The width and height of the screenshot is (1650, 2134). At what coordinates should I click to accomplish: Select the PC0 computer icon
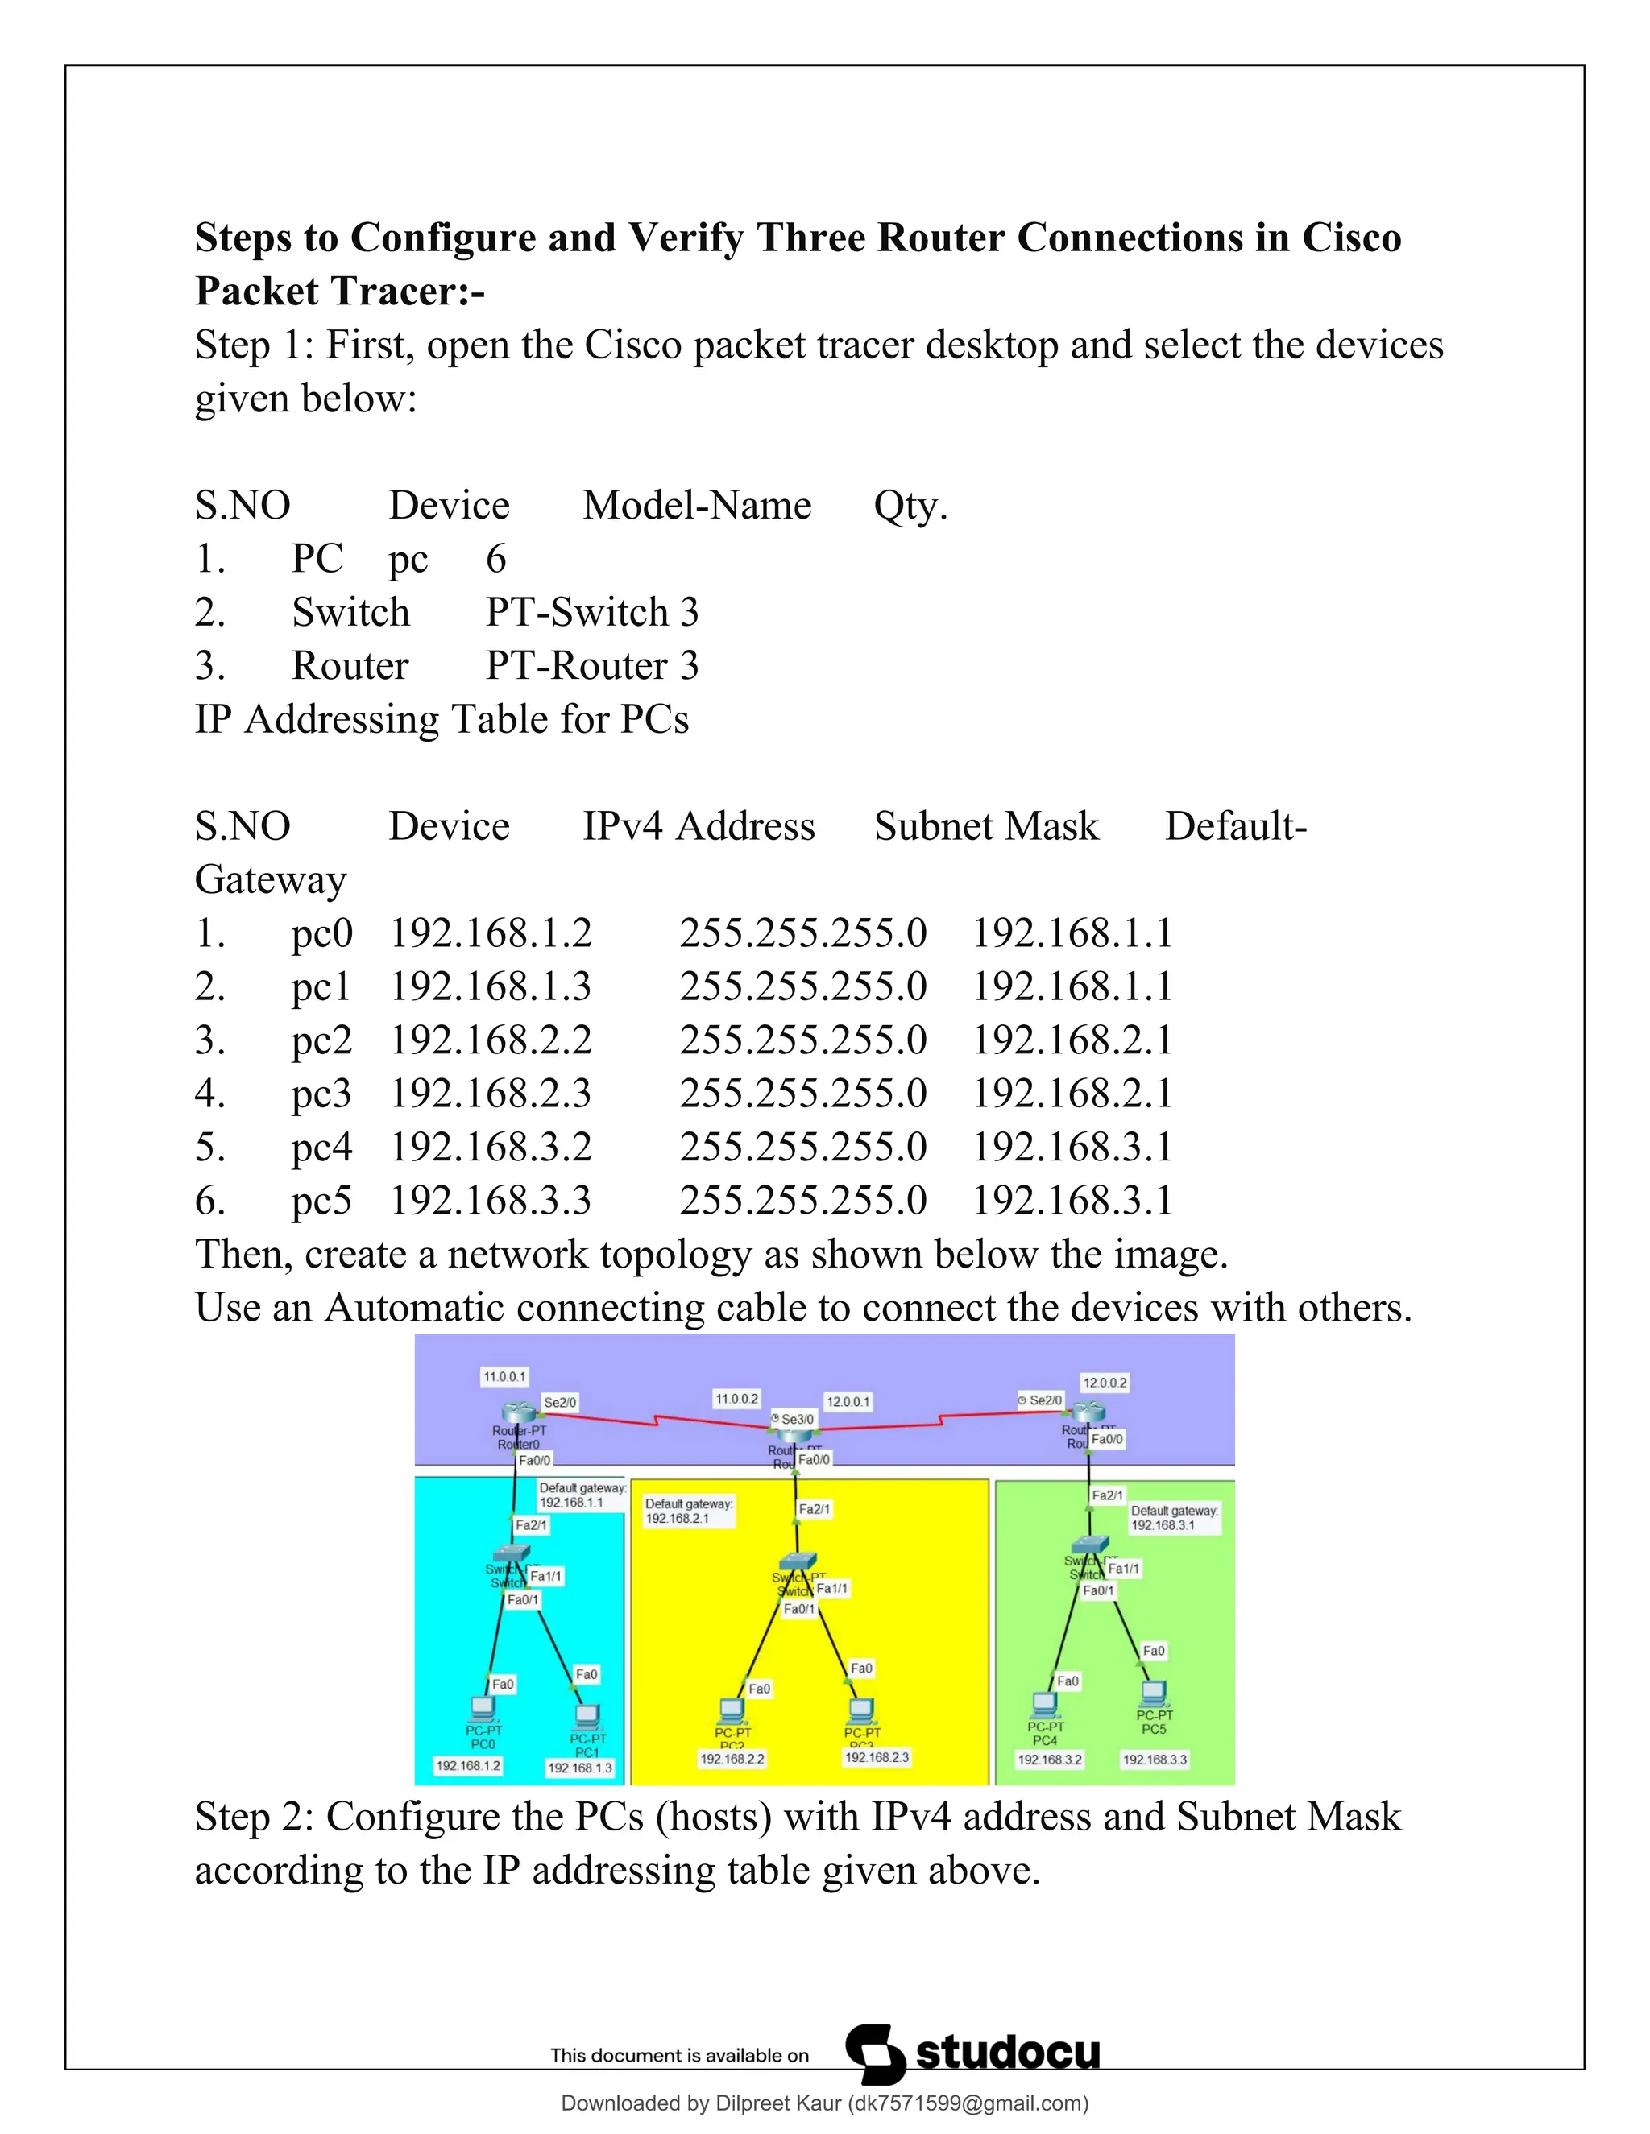[x=482, y=1708]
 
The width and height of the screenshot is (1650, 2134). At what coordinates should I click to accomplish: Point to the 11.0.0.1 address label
[x=504, y=1377]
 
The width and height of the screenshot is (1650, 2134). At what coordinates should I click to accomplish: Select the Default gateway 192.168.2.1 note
[x=688, y=1511]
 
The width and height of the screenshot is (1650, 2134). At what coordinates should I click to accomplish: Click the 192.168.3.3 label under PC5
[x=1155, y=1760]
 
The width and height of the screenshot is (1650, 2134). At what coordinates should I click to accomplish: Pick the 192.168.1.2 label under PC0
[x=468, y=1766]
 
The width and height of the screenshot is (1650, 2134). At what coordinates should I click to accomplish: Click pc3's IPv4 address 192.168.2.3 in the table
[x=491, y=1094]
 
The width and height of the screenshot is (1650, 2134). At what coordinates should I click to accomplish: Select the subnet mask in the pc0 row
[x=802, y=933]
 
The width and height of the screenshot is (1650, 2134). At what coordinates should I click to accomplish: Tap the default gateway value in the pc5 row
[x=1072, y=1200]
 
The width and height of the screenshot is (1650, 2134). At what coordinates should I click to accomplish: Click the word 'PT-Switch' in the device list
[x=577, y=613]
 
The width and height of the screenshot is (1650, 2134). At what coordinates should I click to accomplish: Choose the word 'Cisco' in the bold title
[x=1351, y=238]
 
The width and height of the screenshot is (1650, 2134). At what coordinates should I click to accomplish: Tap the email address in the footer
[x=968, y=2103]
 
